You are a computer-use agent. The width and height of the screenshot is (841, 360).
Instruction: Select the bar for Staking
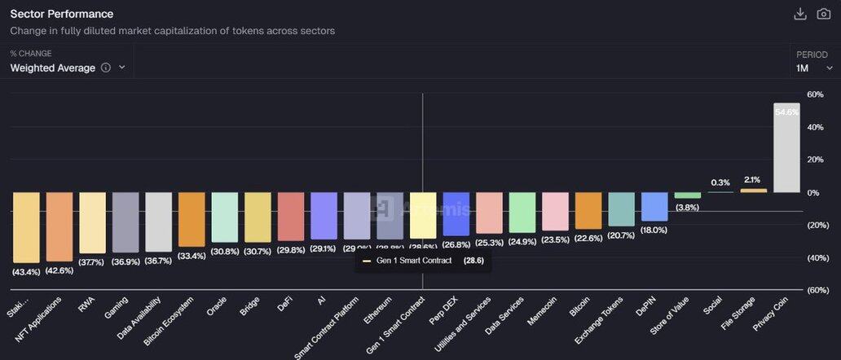26,227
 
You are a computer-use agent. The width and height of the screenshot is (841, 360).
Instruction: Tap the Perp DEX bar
456,213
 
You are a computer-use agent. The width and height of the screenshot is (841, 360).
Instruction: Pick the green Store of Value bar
687,195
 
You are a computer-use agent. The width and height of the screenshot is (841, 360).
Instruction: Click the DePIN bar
654,206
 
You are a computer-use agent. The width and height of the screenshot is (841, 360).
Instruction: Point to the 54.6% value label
786,112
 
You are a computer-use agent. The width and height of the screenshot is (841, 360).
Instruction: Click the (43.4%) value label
26,271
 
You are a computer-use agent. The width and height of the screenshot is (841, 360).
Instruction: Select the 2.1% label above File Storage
753,180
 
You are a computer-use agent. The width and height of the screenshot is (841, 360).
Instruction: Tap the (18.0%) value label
654,230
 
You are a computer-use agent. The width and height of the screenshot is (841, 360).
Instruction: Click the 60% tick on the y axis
815,94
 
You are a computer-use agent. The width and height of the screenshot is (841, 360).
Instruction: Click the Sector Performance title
61,14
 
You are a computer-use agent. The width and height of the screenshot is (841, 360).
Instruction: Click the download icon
800,14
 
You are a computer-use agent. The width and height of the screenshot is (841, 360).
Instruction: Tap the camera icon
823,14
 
